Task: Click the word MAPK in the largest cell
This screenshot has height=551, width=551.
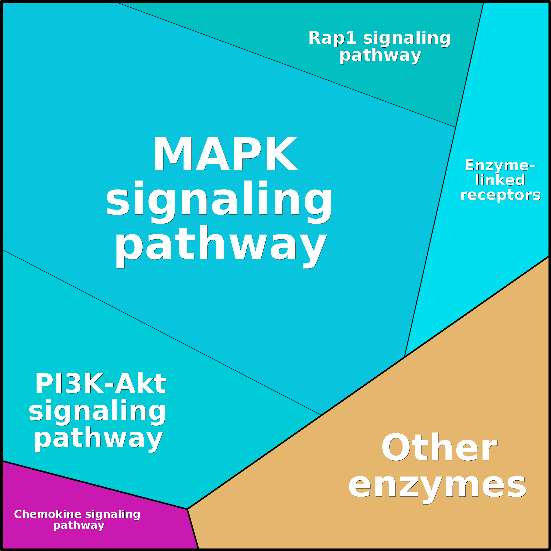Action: tap(225, 154)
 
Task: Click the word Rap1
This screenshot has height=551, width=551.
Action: tap(332, 38)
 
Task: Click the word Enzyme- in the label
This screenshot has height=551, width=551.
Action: tap(499, 165)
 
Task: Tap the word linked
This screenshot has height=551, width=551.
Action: tap(500, 180)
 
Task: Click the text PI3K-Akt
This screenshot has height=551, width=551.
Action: tap(100, 384)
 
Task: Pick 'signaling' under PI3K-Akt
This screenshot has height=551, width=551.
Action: tap(97, 411)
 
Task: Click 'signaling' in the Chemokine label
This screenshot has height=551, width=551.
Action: tap(113, 514)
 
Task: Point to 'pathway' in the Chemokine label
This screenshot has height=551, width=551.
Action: tap(79, 525)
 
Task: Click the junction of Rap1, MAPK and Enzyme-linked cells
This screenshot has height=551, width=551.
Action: tap(455, 127)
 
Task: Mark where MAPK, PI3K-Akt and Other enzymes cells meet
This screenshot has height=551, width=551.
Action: tap(321, 415)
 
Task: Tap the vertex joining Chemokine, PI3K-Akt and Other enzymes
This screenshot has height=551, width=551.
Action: tap(187, 509)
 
